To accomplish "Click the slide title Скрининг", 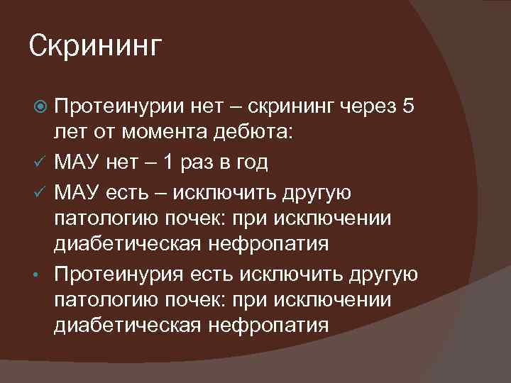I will click(96, 48).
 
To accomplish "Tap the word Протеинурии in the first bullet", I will click(117, 107).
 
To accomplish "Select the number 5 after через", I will click(407, 107).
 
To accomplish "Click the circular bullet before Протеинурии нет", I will click(41, 108).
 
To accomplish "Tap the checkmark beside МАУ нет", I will click(41, 162).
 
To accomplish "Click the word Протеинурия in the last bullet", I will click(118, 273).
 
